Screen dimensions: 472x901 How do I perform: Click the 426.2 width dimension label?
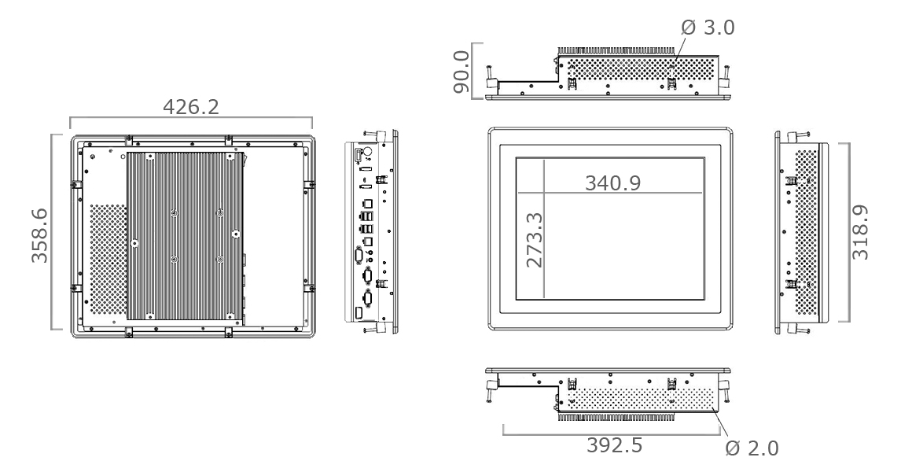tap(191, 106)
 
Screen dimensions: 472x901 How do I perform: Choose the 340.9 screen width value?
tap(613, 183)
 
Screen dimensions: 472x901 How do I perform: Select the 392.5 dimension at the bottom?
tap(614, 444)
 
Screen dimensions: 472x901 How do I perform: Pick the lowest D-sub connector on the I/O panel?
tap(366, 297)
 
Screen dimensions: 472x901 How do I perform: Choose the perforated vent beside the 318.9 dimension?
tap(807, 234)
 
